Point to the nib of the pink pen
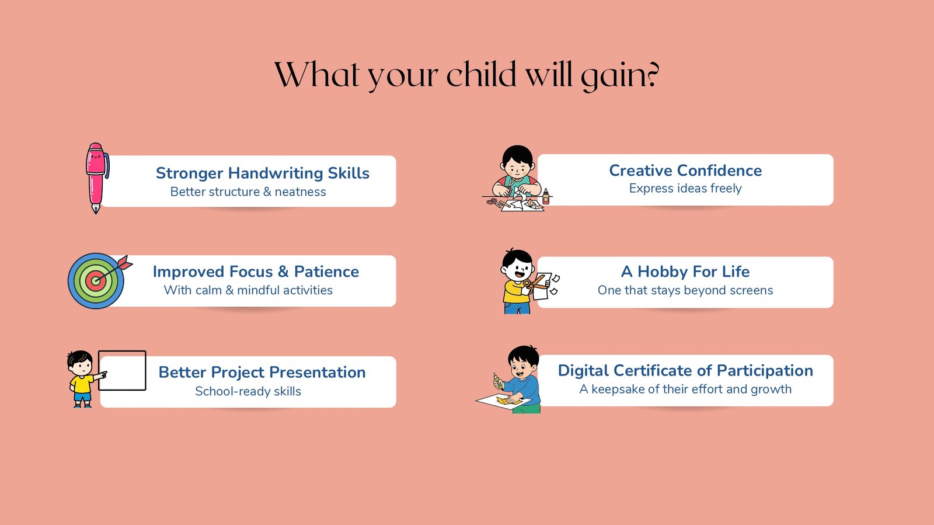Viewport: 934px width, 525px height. [x=96, y=208]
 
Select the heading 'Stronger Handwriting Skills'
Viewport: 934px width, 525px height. [x=263, y=173]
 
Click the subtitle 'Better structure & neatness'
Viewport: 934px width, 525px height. [x=248, y=192]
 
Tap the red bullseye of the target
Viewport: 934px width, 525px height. [x=96, y=281]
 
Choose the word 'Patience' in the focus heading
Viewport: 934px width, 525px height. [x=326, y=272]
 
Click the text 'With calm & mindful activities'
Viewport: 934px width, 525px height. [x=248, y=290]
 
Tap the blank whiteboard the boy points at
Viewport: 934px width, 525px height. [x=122, y=370]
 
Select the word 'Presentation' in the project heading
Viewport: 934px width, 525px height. [x=318, y=372]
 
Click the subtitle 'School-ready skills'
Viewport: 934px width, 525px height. [x=248, y=392]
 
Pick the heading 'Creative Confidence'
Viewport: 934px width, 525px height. [x=685, y=171]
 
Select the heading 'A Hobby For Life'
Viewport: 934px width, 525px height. [x=685, y=272]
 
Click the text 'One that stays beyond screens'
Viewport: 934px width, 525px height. [x=685, y=290]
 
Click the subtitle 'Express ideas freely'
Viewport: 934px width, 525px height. [x=685, y=189]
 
